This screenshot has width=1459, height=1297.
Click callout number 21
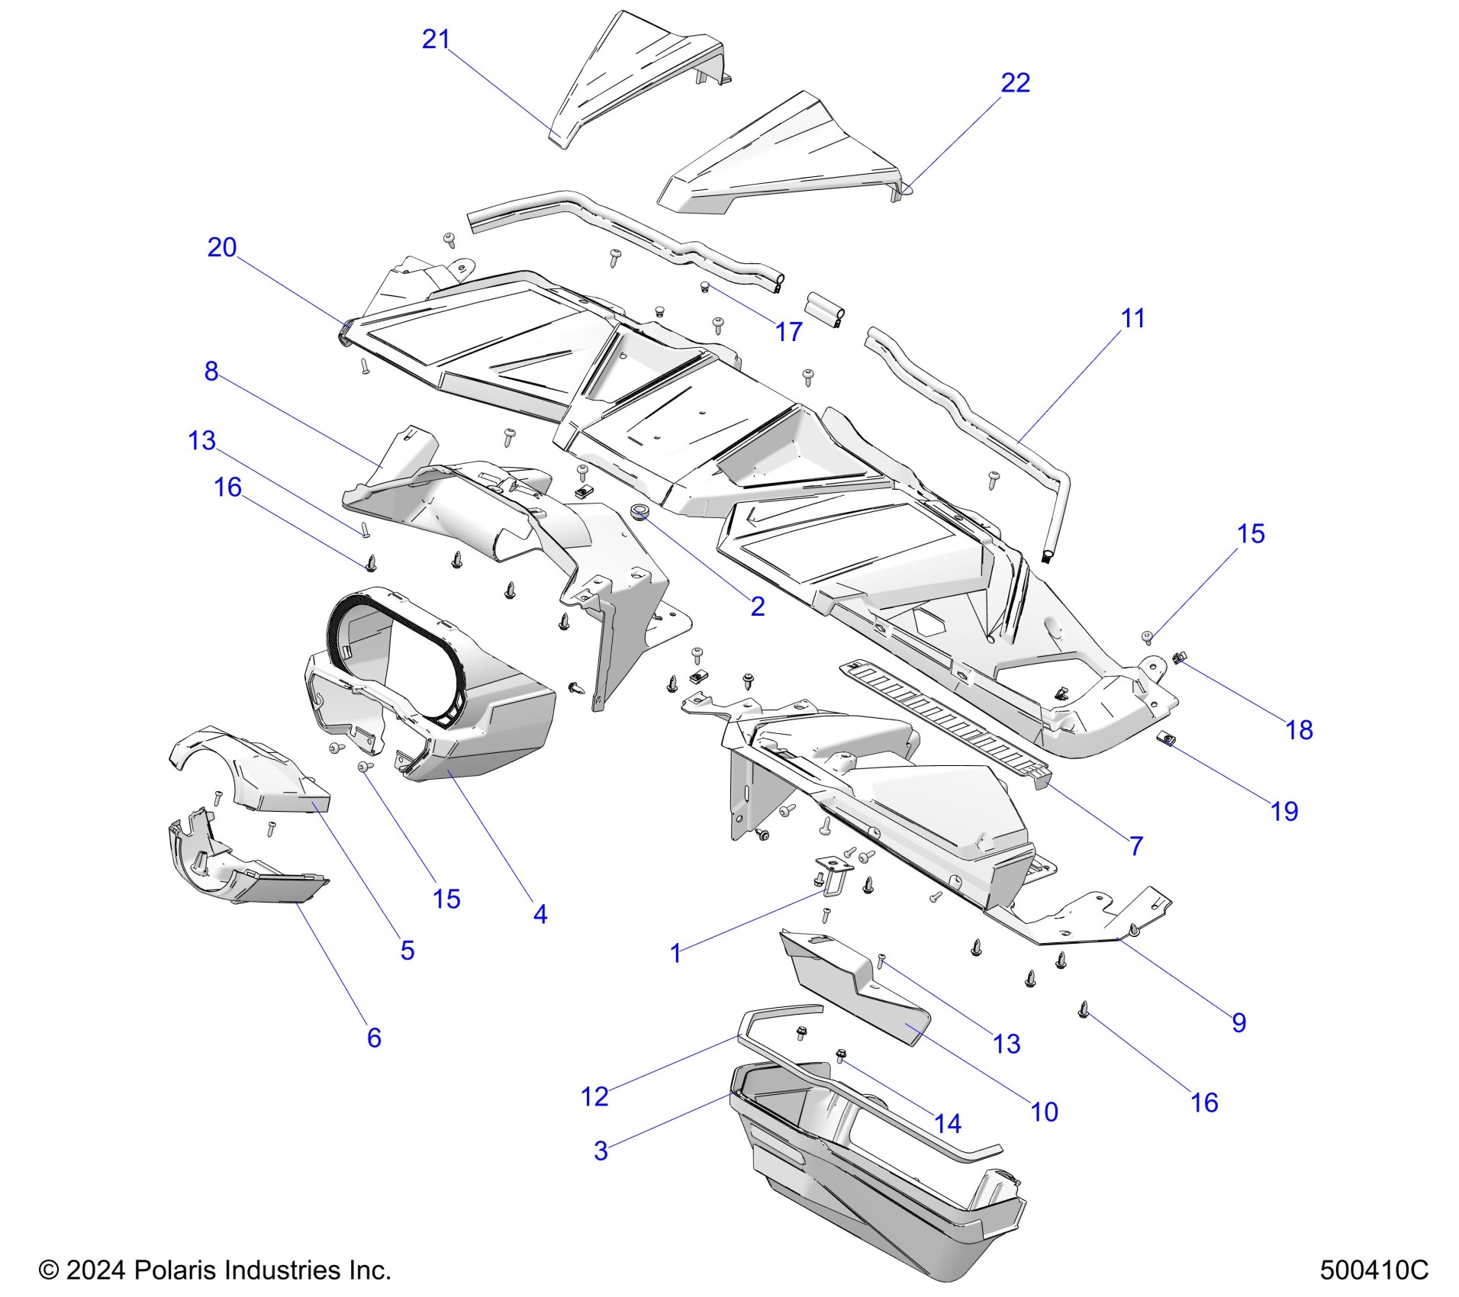436,39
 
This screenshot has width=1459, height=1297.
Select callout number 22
1015,82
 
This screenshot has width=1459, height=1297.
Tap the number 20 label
222,247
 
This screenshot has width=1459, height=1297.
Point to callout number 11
1132,318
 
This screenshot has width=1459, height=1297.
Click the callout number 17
789,332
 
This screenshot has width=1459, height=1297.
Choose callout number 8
211,372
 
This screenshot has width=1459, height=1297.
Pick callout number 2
757,607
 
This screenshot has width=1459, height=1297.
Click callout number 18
1299,730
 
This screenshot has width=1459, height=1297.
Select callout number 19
1284,811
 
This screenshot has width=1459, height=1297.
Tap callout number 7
1136,846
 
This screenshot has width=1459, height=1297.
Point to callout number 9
1238,1022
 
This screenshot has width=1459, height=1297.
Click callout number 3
601,1151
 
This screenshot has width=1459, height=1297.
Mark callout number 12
594,1097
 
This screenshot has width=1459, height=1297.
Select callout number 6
374,1038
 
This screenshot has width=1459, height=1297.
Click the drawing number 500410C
1374,1270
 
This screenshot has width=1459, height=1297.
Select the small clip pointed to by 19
1166,738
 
